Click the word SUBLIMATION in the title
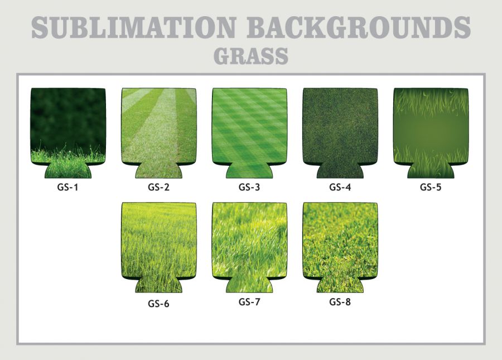134,27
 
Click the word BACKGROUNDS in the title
359,27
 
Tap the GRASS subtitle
251,56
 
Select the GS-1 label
67,187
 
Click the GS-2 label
158,187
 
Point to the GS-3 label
249,187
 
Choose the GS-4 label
340,187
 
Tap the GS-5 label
431,187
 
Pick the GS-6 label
158,303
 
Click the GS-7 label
249,302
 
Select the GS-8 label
340,302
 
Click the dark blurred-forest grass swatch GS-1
68,128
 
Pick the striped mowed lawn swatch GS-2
159,128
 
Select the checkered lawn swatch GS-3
249,128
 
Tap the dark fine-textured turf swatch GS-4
340,128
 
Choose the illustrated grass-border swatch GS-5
431,128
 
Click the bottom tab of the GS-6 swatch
159,285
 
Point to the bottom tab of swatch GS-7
249,285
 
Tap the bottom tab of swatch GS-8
340,285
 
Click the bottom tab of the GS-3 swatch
249,171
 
